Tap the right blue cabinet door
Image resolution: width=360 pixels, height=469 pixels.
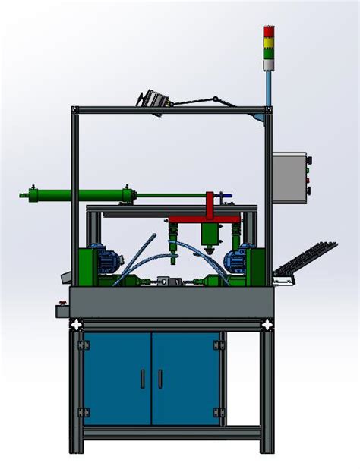(x=185, y=378)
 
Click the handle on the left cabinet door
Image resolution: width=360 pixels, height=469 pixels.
(x=141, y=377)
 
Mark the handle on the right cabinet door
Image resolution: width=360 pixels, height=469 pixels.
(x=160, y=377)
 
